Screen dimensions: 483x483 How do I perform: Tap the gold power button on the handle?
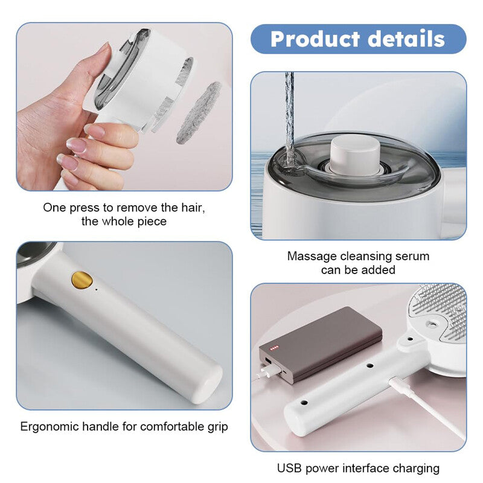point(82,280)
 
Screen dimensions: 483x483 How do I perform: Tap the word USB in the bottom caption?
point(289,468)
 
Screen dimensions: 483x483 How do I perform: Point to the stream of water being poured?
point(290,115)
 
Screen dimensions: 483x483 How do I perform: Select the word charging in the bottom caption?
point(416,468)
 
